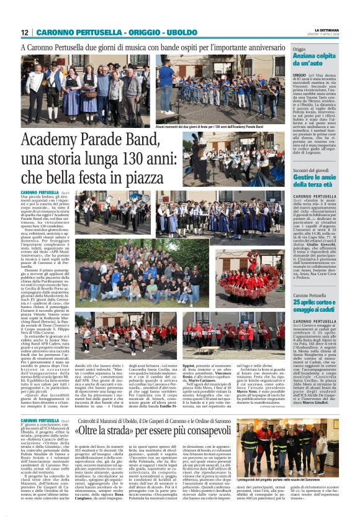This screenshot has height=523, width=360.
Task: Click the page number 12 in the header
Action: coord(25,32)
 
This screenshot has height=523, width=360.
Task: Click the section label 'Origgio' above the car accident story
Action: coord(300,48)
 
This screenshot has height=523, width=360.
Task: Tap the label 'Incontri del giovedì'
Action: coord(314,170)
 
